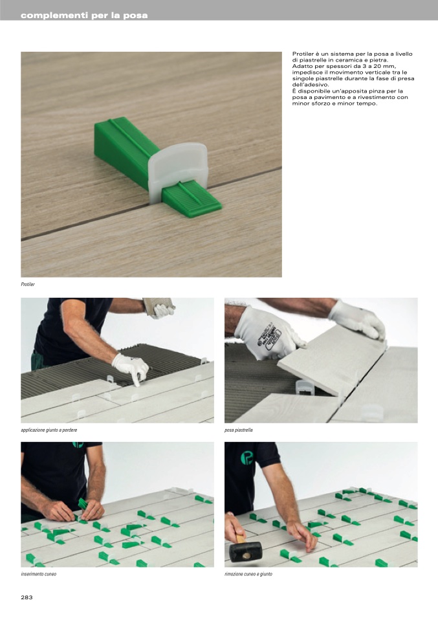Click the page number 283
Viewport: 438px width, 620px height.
[27, 597]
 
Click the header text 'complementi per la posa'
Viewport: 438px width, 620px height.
[84, 16]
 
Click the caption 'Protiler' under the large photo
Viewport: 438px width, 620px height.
[28, 284]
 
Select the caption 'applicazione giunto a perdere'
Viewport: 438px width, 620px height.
[49, 430]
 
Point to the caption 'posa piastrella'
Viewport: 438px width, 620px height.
[238, 430]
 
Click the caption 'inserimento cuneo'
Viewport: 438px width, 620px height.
[38, 574]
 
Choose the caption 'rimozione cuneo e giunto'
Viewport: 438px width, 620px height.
[248, 574]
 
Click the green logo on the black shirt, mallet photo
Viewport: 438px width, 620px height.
[248, 458]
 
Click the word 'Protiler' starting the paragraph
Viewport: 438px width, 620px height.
[302, 54]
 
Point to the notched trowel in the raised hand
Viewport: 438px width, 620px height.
[158, 304]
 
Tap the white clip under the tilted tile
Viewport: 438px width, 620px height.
[303, 387]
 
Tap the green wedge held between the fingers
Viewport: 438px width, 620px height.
[83, 504]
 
